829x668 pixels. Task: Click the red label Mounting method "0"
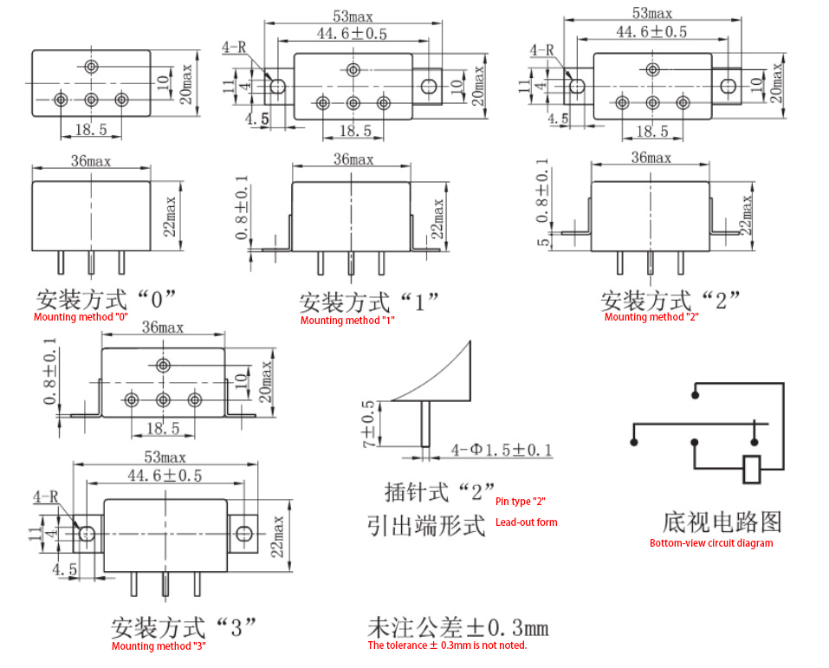(81, 317)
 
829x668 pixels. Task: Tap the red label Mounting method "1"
(347, 320)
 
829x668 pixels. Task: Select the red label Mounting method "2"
(651, 317)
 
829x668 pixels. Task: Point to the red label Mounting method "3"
(159, 645)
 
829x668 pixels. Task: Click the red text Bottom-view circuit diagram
(711, 543)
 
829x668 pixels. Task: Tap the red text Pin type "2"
(521, 502)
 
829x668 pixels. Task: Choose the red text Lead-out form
(526, 522)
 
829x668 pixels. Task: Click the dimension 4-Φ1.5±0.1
(502, 450)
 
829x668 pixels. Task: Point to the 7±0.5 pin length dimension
(368, 424)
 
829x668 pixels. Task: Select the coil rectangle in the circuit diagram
(751, 469)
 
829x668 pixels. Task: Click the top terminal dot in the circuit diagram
(696, 394)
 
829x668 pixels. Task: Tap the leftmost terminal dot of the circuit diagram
(633, 442)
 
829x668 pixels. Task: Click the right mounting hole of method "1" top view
(429, 87)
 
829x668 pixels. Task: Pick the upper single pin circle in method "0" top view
(92, 67)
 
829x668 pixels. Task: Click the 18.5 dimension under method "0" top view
(91, 129)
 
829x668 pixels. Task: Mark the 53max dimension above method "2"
(652, 13)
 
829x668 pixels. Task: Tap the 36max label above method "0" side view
(91, 161)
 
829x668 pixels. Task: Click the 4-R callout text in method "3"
(45, 496)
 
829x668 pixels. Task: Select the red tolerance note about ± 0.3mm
(447, 645)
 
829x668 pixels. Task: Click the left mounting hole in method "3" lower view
(87, 534)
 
